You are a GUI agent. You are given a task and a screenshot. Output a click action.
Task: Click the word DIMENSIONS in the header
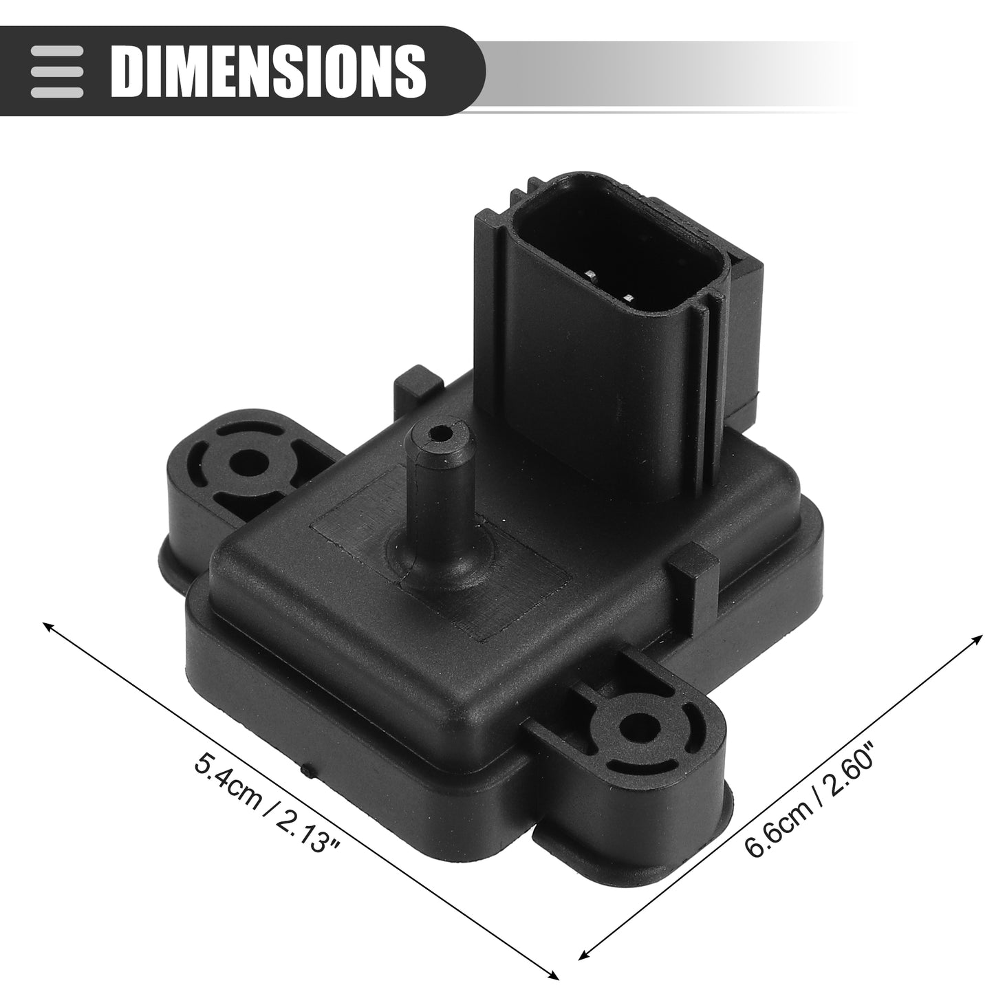(x=268, y=72)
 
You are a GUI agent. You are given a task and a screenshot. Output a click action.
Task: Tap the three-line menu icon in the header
(x=57, y=72)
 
